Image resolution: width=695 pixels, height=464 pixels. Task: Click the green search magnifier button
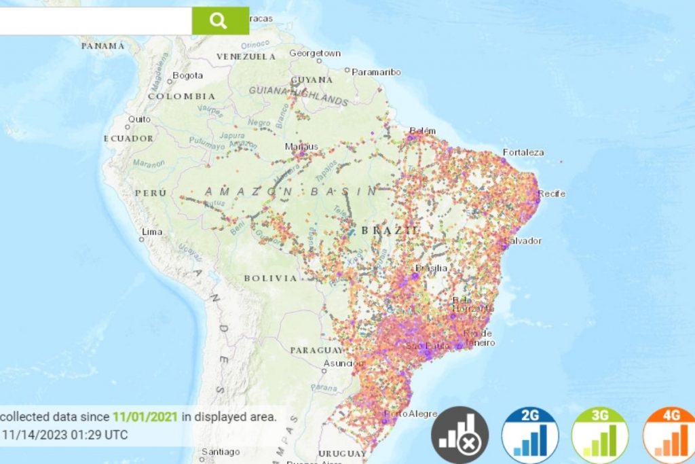[220, 20]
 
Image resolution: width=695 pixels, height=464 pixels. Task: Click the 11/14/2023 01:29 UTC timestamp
[65, 434]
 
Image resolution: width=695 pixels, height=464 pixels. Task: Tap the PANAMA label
[103, 46]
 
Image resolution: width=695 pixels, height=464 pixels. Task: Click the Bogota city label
[187, 75]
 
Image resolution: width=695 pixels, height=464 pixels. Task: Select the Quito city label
[139, 119]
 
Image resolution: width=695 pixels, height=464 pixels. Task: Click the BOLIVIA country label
[271, 278]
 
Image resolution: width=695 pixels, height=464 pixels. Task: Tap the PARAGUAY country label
[316, 350]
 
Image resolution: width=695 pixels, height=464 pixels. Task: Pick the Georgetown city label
[315, 53]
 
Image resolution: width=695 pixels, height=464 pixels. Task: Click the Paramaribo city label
[376, 72]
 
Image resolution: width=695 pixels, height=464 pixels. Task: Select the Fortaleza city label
[523, 152]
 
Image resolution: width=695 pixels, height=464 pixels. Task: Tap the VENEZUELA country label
[246, 57]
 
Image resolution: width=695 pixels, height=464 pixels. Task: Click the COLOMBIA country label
[182, 96]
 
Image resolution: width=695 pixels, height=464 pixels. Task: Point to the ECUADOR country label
[128, 139]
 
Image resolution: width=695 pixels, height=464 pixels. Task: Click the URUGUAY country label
[341, 453]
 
